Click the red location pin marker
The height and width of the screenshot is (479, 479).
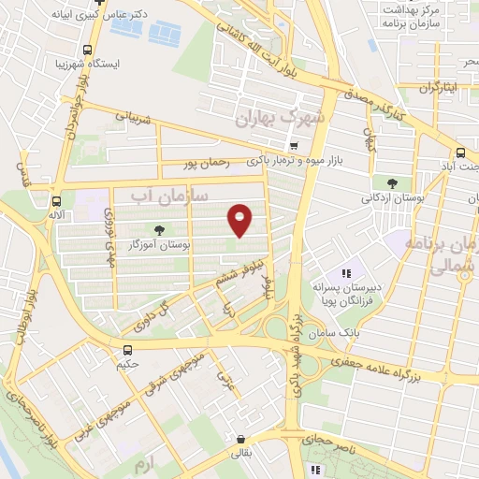pyautogui.click(x=240, y=220)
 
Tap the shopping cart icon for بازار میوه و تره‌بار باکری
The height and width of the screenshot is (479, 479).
pyautogui.click(x=295, y=145)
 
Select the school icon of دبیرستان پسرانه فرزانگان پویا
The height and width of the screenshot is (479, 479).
pyautogui.click(x=346, y=273)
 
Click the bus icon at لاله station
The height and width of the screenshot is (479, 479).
pyautogui.click(x=58, y=200)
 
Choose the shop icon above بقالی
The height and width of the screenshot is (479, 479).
pyautogui.click(x=241, y=439)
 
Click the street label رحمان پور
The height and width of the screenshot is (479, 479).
pyautogui.click(x=208, y=165)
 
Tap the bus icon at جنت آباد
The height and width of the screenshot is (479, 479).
pyautogui.click(x=460, y=153)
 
